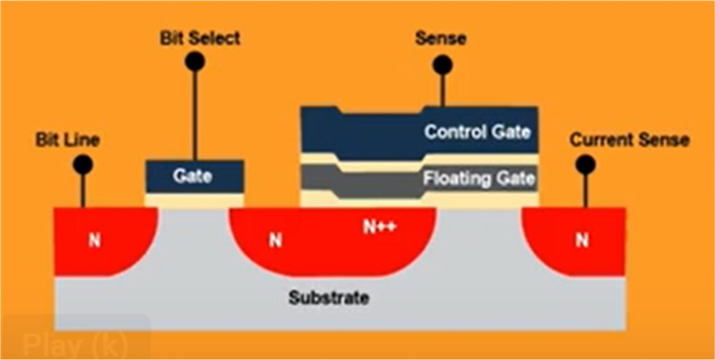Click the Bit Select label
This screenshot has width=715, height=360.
[x=200, y=39]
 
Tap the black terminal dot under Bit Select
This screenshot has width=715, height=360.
[x=195, y=61]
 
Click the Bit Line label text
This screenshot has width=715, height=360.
[x=67, y=140]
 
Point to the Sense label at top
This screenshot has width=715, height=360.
[x=440, y=39]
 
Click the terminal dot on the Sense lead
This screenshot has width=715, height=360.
[x=442, y=65]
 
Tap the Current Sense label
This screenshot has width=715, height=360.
[x=629, y=140]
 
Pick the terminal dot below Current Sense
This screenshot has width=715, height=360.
[x=585, y=164]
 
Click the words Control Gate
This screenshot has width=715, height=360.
[x=477, y=132]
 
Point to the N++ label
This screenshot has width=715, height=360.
[x=379, y=227]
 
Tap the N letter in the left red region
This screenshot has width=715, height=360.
[x=94, y=241]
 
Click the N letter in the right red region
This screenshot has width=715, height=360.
[x=581, y=240]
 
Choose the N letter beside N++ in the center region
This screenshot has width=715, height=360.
[x=275, y=241]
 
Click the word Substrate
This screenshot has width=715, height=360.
[x=329, y=298]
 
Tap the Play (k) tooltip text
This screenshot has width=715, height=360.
[x=74, y=345]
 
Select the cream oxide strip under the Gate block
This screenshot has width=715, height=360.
[x=195, y=200]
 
